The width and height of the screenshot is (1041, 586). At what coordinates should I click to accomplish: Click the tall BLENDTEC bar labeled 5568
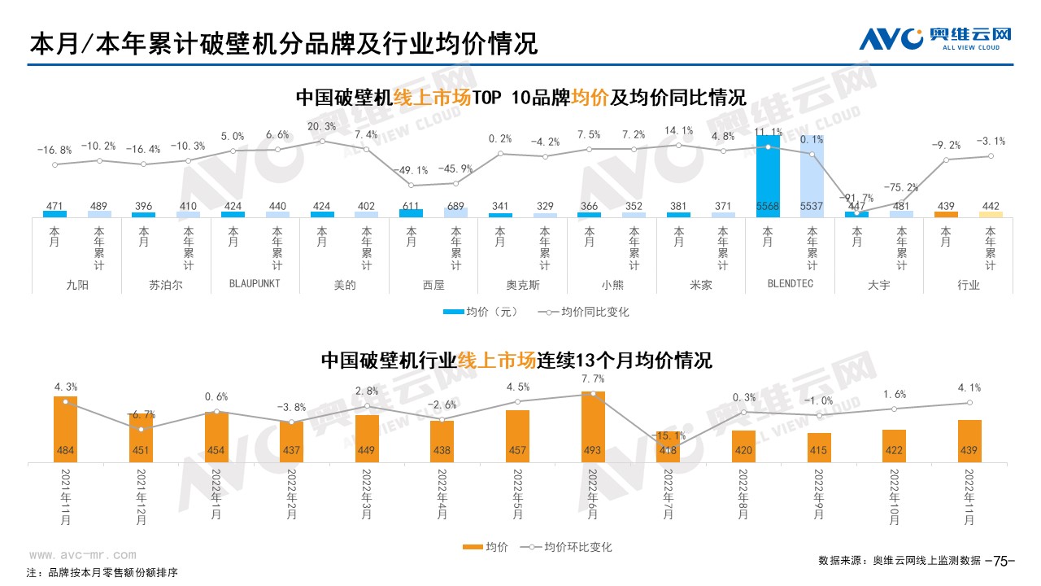[x=768, y=176]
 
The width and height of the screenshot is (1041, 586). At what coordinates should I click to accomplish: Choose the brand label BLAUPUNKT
[x=255, y=285]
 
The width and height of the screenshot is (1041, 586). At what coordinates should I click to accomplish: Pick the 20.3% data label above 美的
[x=322, y=126]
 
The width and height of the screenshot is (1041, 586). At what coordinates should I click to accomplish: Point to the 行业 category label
[x=969, y=285]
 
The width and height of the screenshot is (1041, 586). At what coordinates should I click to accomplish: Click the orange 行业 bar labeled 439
[x=946, y=214]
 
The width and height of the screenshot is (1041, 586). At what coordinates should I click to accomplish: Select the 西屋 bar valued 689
[x=455, y=212]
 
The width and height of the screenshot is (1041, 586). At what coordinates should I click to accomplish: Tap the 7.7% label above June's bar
[x=593, y=378]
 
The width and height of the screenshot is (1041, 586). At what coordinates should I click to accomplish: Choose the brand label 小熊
[x=612, y=285]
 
